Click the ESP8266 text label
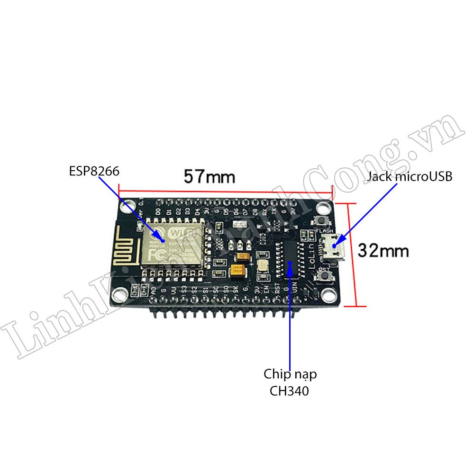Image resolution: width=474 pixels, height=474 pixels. [x=94, y=171]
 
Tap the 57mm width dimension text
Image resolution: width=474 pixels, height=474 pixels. [x=210, y=177]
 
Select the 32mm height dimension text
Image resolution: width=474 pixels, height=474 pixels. [x=383, y=250]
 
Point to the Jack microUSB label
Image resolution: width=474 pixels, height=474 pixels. [x=410, y=177]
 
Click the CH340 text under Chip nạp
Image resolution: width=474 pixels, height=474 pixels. [x=289, y=391]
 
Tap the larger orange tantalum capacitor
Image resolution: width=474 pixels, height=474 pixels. [x=237, y=270]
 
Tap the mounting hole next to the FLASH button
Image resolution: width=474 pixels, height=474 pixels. [x=324, y=208]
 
